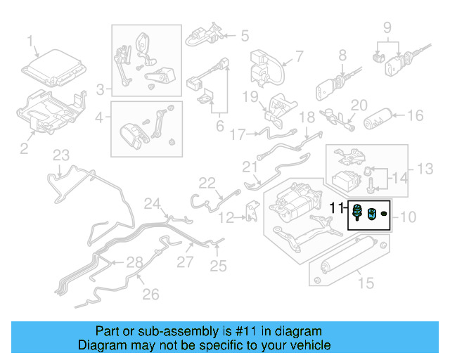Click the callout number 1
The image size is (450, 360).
(x=30, y=41)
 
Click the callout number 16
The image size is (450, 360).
(x=416, y=115)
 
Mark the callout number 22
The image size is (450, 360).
(x=206, y=183)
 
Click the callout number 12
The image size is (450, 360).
(x=226, y=218)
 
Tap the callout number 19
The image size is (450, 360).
(x=252, y=96)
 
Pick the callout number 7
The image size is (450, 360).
(x=298, y=56)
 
